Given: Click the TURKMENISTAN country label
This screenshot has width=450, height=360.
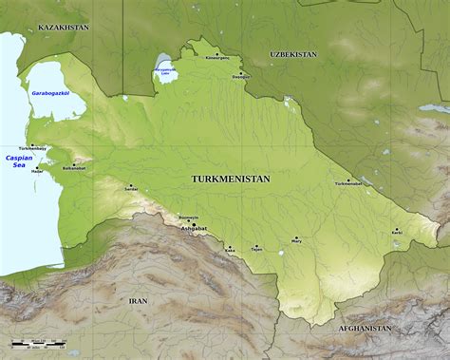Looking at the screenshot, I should click(x=230, y=179).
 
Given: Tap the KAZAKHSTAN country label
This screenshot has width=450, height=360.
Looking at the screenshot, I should click(x=64, y=28).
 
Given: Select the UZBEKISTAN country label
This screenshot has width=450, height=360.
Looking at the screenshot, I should click(x=293, y=55).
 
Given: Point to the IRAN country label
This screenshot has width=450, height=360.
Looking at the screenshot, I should click(x=139, y=299).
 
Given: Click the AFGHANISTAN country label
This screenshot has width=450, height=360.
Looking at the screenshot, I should click(x=365, y=327).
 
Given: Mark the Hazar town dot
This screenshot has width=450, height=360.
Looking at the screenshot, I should click(x=38, y=167).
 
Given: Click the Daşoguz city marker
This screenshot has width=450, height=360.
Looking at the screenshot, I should click(x=241, y=72).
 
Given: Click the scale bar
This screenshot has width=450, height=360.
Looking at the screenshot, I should click(x=38, y=341).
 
